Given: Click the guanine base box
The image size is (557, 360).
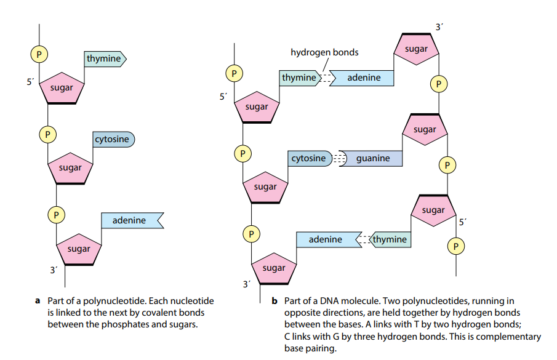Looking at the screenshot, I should tap(372, 158).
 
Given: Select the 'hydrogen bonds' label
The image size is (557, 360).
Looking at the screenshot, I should tap(324, 52).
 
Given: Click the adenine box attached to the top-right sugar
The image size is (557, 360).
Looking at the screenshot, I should tap(364, 78).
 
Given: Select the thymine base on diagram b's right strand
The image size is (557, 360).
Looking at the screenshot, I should tap(390, 239).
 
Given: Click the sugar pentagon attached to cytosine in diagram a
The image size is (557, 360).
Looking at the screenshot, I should tap(70, 168).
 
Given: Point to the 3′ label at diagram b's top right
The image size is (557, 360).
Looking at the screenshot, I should tap(438, 27).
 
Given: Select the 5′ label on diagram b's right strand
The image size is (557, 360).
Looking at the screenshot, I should tap(462, 222).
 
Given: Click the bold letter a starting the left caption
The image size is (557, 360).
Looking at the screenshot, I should tap(38, 301).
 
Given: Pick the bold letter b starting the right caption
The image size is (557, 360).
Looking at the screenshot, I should tap(274, 301).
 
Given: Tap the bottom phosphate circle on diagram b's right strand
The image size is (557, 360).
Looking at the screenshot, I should tap(455, 246).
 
